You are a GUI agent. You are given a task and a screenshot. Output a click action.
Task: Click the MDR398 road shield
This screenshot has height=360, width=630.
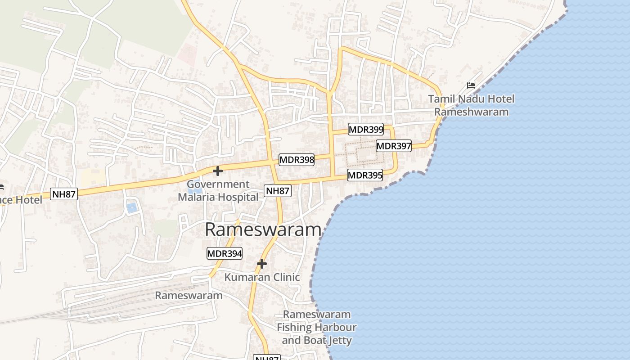click(x=297, y=160)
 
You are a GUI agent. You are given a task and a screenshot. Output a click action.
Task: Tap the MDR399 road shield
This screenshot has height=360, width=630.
click(x=366, y=130)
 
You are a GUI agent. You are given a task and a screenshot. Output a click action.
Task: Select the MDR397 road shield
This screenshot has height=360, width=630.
click(x=394, y=146)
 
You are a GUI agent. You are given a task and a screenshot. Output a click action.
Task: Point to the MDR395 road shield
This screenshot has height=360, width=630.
click(x=365, y=175)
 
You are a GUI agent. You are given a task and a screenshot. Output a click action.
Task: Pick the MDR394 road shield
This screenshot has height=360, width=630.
click(x=225, y=254)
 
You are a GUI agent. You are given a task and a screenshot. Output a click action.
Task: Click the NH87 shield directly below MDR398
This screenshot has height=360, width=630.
click(x=277, y=191)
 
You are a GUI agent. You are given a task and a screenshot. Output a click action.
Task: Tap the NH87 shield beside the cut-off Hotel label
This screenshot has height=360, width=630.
click(x=64, y=194)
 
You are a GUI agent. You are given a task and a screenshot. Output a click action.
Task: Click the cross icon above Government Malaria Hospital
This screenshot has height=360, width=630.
click(x=218, y=171)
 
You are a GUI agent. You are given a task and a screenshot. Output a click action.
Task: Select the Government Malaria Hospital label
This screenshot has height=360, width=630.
click(x=218, y=190)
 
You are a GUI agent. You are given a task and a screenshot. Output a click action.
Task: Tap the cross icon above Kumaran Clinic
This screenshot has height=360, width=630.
click(x=262, y=264)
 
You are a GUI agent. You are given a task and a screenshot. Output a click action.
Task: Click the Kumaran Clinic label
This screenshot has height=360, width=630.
click(x=262, y=277)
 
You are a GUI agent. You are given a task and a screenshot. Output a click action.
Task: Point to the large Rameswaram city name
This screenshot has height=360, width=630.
click(x=263, y=229)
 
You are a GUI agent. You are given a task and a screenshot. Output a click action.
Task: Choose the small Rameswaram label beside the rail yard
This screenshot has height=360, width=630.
click(x=189, y=296)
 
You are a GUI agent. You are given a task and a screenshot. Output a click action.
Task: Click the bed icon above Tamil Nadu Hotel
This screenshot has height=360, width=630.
click(x=471, y=85)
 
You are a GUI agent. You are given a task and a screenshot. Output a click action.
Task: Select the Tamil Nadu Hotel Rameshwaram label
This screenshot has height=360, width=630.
click(x=471, y=105)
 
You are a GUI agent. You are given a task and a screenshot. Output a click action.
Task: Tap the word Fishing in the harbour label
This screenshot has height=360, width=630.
click(x=293, y=327)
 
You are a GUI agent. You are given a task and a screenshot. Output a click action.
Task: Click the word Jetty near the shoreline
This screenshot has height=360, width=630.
click(x=340, y=340)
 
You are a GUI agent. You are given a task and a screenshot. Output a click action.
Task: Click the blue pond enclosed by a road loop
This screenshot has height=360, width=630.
click(x=131, y=207)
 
